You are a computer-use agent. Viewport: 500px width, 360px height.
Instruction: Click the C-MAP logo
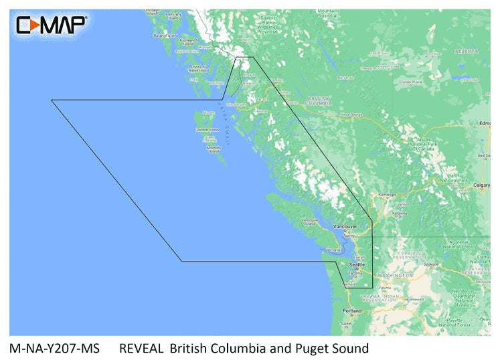point(51,26)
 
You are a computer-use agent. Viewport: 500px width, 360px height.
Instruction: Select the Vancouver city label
point(346,227)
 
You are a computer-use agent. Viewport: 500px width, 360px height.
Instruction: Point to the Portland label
point(352,311)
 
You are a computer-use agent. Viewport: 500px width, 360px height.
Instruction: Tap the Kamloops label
point(388,195)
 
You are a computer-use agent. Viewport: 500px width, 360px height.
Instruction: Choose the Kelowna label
point(400,213)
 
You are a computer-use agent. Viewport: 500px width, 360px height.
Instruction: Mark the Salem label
point(346,324)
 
